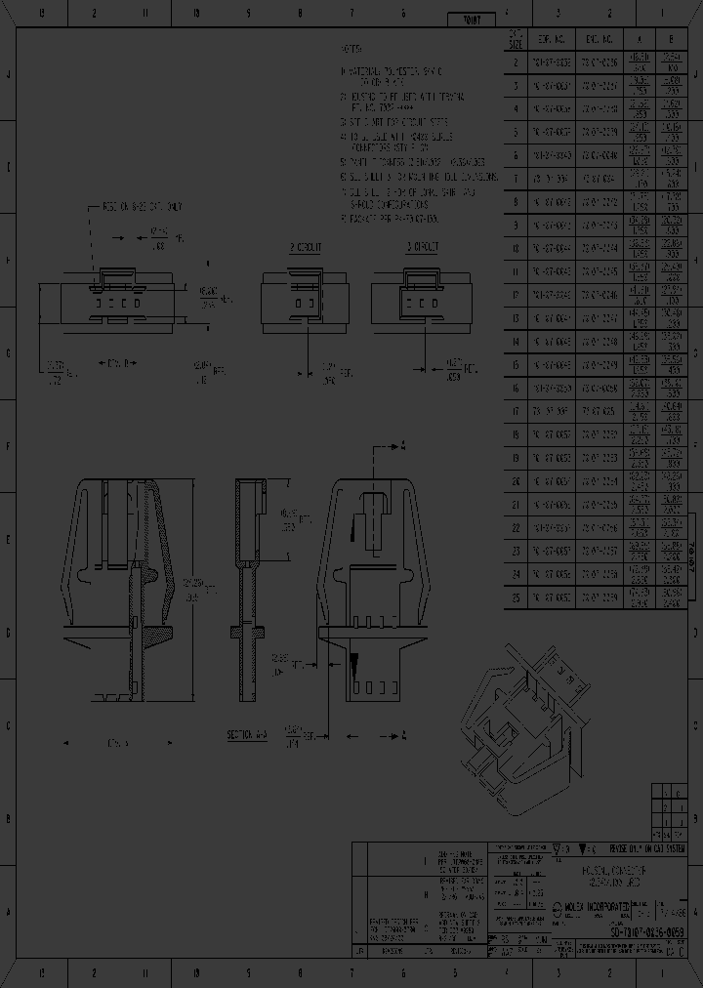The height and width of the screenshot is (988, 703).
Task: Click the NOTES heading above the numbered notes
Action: pos(351,48)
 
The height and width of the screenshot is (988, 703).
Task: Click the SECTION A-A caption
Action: pos(248,733)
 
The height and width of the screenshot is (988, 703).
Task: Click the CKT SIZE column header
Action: pos(516,39)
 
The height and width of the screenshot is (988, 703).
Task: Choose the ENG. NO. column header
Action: pos(599,40)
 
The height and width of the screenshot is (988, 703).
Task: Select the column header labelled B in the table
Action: pos(672,40)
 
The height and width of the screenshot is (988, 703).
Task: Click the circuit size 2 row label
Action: pos(516,62)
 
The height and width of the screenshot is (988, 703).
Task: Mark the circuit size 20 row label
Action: pos(516,480)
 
